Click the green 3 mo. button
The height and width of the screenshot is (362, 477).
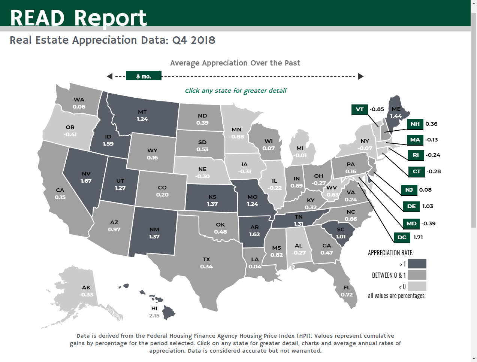144,76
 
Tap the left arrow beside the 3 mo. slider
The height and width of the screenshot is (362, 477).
110,76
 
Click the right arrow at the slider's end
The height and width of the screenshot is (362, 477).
361,76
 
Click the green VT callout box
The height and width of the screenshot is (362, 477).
360,109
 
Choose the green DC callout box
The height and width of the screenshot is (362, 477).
402,237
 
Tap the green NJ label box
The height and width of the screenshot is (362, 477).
409,190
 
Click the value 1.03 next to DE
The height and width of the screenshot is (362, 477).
428,206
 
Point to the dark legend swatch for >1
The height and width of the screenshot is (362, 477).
417,264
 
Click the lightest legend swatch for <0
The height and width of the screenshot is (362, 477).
417,286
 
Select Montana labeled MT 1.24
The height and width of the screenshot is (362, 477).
142,115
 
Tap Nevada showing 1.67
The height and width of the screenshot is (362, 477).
86,177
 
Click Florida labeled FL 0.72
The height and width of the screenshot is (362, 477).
347,291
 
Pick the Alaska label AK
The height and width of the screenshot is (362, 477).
86,288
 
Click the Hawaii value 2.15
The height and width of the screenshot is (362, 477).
154,316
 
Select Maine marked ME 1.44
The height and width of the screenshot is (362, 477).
396,112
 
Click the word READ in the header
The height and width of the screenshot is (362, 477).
37,18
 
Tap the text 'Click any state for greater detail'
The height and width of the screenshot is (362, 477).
236,91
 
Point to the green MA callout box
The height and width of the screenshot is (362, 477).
415,140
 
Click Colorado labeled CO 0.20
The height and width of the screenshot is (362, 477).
162,191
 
